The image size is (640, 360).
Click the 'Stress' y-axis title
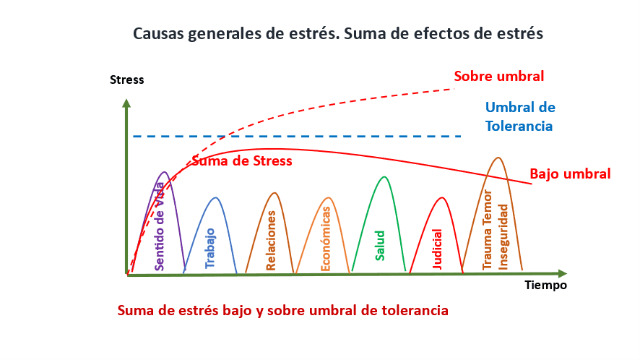(126, 80)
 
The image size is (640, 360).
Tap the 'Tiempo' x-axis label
(545, 286)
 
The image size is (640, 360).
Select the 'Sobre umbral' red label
(498, 76)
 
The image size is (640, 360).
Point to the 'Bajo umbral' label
(570, 173)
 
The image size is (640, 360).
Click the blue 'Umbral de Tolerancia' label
(520, 116)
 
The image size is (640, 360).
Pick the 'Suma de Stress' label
(242, 160)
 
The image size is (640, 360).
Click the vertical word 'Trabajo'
(209, 248)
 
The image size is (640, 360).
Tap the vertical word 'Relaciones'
(271, 240)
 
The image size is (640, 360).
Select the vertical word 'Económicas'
(325, 239)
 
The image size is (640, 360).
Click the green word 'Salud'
(380, 246)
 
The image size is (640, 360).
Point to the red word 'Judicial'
(437, 249)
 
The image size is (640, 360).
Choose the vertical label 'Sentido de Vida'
(159, 226)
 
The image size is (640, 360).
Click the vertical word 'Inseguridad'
(503, 237)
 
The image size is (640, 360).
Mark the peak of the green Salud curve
(384, 176)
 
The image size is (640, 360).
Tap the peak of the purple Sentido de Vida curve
(164, 171)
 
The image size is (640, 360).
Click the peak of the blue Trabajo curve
(215, 198)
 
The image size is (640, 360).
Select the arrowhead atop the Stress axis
(126, 103)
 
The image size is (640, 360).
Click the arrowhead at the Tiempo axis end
(563, 273)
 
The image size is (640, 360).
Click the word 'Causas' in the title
(158, 33)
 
